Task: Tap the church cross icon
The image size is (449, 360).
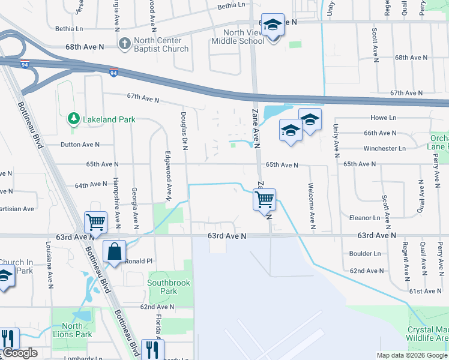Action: pyautogui.click(x=125, y=43)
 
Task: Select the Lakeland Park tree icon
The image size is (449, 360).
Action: pyautogui.click(x=73, y=119)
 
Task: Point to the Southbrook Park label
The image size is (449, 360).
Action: pyautogui.click(x=163, y=286)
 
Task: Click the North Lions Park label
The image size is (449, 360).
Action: pyautogui.click(x=72, y=331)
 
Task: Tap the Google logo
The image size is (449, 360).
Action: pyautogui.click(x=19, y=353)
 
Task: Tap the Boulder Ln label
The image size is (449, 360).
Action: pyautogui.click(x=365, y=254)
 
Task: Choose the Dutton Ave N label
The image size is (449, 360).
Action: pyautogui.click(x=80, y=145)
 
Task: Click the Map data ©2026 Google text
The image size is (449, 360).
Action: pyautogui.click(x=412, y=355)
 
